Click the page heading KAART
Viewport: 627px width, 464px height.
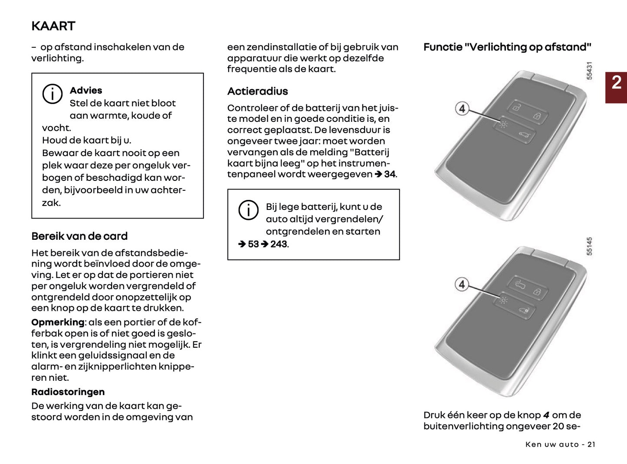pyautogui.click(x=53, y=26)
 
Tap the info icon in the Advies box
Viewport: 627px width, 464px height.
pyautogui.click(x=52, y=94)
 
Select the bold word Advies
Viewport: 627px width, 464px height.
pyautogui.click(x=86, y=90)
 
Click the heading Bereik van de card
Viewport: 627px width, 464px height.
pyautogui.click(x=79, y=236)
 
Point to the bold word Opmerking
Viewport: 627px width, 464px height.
pyautogui.click(x=57, y=322)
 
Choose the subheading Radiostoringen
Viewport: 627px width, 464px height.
pyautogui.click(x=68, y=392)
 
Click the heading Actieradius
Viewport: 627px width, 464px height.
pyautogui.click(x=257, y=91)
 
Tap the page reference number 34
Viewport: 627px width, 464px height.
pyautogui.click(x=389, y=174)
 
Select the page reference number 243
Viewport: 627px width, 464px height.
pyautogui.click(x=279, y=244)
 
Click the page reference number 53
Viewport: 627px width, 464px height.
pyautogui.click(x=253, y=244)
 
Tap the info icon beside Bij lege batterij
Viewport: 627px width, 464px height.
pyautogui.click(x=248, y=210)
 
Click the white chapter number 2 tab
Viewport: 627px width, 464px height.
pyautogui.click(x=616, y=82)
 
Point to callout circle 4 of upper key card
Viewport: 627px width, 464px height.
pyautogui.click(x=462, y=108)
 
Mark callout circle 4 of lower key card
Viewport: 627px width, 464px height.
pyautogui.click(x=462, y=284)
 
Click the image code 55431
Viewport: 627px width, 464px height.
pyautogui.click(x=589, y=71)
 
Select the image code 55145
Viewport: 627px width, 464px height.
pyautogui.click(x=589, y=246)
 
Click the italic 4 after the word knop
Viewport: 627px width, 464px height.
pyautogui.click(x=546, y=415)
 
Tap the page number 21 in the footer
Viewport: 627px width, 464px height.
pyautogui.click(x=591, y=444)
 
